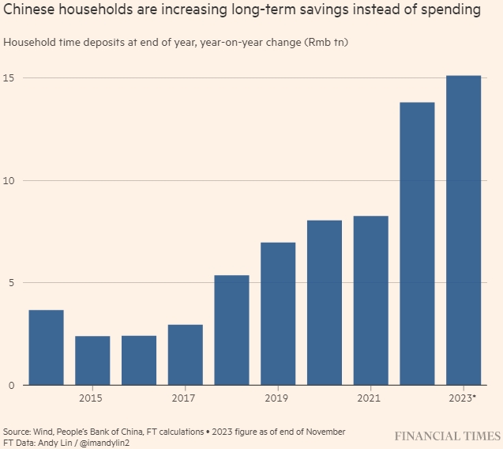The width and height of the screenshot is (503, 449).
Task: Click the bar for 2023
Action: (x=464, y=230)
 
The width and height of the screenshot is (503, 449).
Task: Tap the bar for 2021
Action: (x=370, y=300)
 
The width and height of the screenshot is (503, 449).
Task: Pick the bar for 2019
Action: (x=278, y=314)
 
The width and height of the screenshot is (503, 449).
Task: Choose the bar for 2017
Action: (x=185, y=355)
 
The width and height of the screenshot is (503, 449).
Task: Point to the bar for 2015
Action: (x=92, y=360)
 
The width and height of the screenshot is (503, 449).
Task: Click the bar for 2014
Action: (x=46, y=348)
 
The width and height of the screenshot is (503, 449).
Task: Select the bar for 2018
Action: (x=231, y=330)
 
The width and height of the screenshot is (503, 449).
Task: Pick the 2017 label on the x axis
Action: (x=185, y=397)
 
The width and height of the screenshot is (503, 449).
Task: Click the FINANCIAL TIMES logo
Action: (x=448, y=436)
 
